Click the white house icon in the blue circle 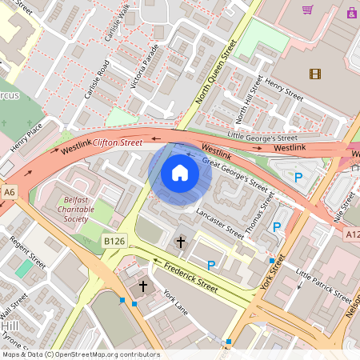click(x=179, y=173)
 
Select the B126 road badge click(x=114, y=239)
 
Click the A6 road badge click(x=9, y=192)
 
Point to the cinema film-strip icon click(x=315, y=74)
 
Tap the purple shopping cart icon click(x=307, y=10)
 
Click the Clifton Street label click(x=118, y=142)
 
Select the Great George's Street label click(x=234, y=172)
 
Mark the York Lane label click(x=177, y=304)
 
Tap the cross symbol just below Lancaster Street click(x=181, y=241)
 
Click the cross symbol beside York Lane click(x=144, y=286)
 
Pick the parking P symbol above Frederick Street click(x=211, y=265)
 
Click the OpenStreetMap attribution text click(x=80, y=354)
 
